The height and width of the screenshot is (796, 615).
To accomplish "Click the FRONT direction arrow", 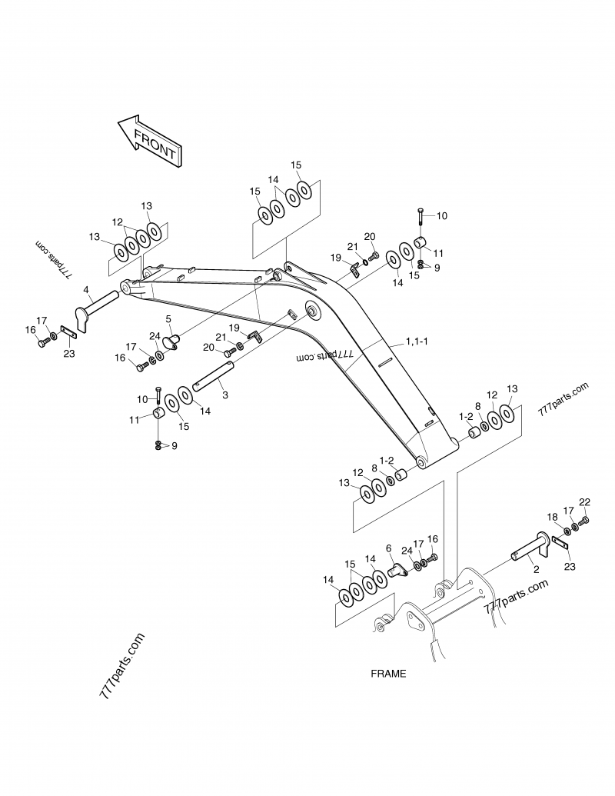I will pyautogui.click(x=149, y=140).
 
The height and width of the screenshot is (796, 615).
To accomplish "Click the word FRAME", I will pyautogui.click(x=388, y=673).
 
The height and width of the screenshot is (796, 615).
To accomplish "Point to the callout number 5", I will pyautogui.click(x=168, y=318).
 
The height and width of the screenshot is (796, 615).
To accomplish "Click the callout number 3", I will pyautogui.click(x=224, y=395).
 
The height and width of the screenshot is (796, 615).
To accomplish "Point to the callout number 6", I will pyautogui.click(x=389, y=548).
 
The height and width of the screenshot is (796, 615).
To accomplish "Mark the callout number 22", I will pyautogui.click(x=584, y=502).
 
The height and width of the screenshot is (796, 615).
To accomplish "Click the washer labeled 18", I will pyautogui.click(x=567, y=531).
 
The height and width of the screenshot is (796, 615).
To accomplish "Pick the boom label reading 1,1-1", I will pyautogui.click(x=417, y=341).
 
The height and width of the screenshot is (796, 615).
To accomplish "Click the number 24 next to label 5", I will pyautogui.click(x=154, y=335).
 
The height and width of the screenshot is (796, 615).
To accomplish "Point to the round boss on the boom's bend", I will pyautogui.click(x=312, y=311).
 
